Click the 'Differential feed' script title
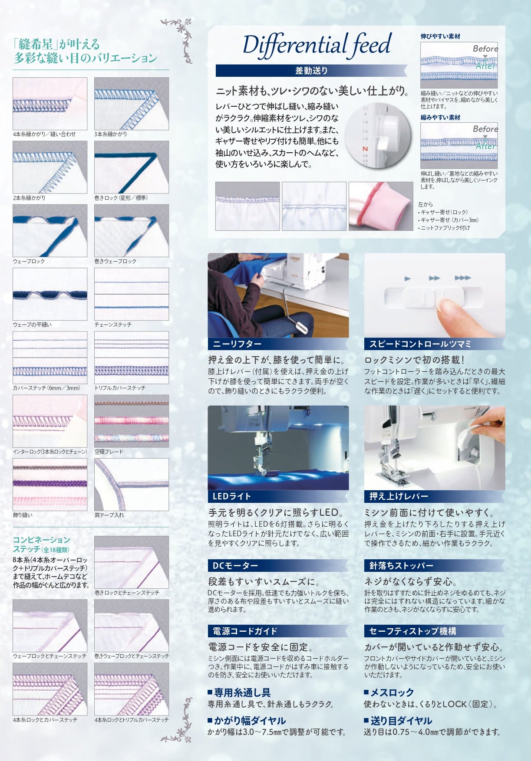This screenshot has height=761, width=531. pyautogui.click(x=317, y=45)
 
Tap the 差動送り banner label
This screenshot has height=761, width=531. pyautogui.click(x=311, y=71)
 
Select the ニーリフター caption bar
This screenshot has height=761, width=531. pyautogui.click(x=278, y=344)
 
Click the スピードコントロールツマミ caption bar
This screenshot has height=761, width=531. pyautogui.click(x=434, y=344)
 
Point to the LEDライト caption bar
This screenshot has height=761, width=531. pyautogui.click(x=278, y=496)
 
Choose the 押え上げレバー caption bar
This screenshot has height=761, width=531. pyautogui.click(x=434, y=496)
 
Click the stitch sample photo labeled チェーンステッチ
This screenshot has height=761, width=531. pyautogui.click(x=132, y=294)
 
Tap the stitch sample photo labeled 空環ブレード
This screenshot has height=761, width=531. pyautogui.click(x=132, y=421)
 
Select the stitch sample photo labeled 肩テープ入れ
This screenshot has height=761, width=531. pyautogui.click(x=132, y=485)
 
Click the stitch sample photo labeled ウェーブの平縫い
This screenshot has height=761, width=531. pyautogui.click(x=50, y=294)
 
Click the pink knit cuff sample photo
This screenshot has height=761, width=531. pyautogui.click(x=381, y=206)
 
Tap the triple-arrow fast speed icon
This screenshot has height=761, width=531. pyautogui.click(x=463, y=278)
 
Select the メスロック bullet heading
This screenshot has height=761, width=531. pyautogui.click(x=389, y=692)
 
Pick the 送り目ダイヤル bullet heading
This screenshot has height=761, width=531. pyautogui.click(x=398, y=721)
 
